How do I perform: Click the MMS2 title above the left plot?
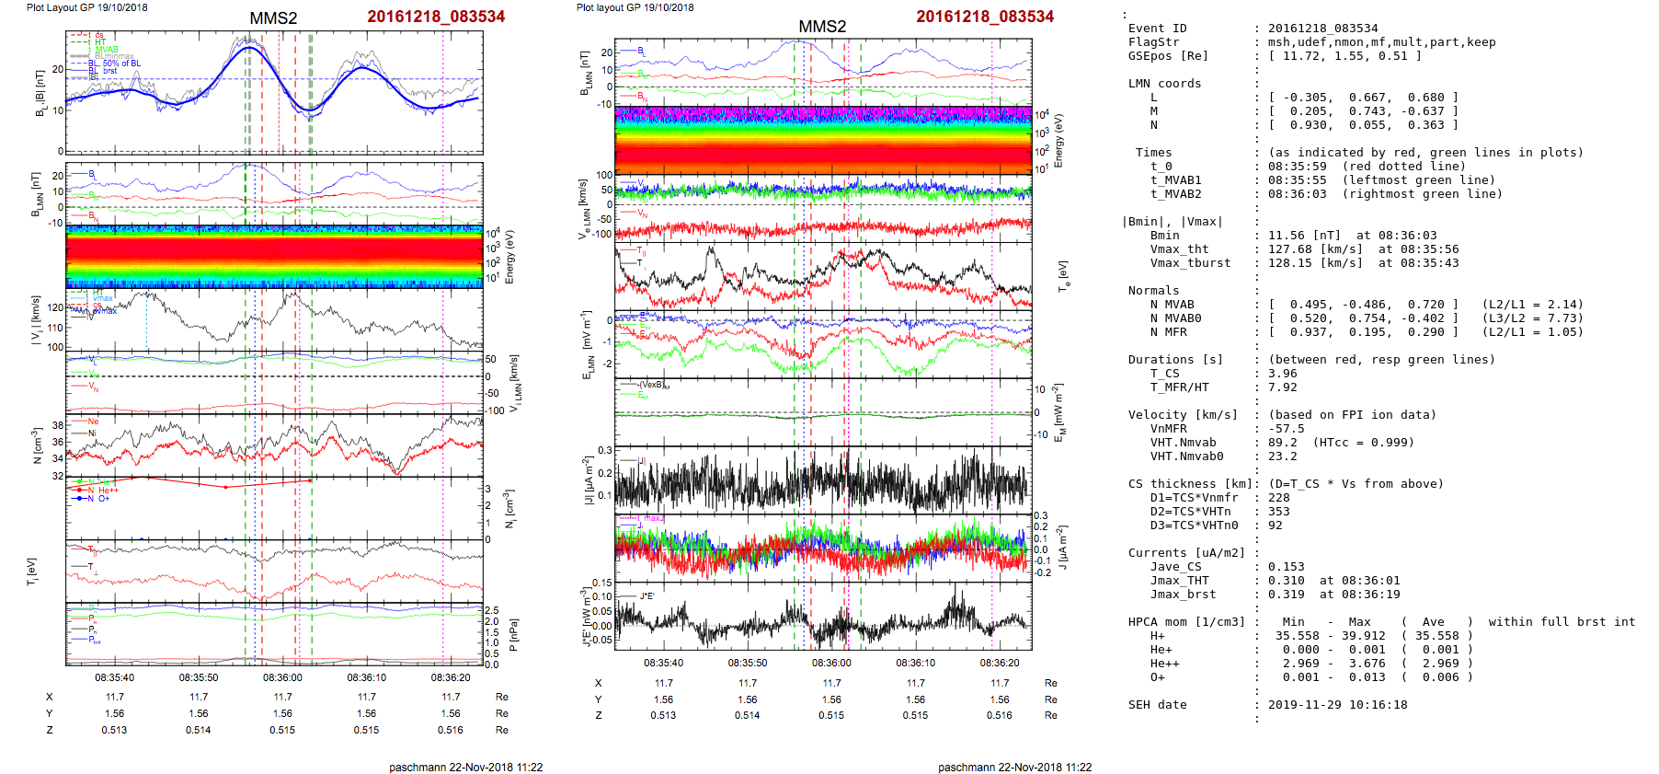click(273, 18)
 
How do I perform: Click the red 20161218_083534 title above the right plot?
click(985, 17)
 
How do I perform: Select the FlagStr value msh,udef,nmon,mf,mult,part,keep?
click(1381, 42)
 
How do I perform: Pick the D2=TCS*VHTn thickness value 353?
click(1279, 512)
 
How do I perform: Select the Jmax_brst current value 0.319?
click(1286, 595)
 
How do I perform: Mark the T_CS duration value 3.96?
click(1283, 374)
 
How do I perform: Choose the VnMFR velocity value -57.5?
click(1286, 429)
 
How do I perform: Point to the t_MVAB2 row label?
click(1175, 194)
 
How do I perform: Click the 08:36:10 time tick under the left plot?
click(366, 678)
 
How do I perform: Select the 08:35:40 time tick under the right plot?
click(663, 663)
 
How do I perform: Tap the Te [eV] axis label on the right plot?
click(1063, 275)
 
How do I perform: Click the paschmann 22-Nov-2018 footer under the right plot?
click(1014, 768)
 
